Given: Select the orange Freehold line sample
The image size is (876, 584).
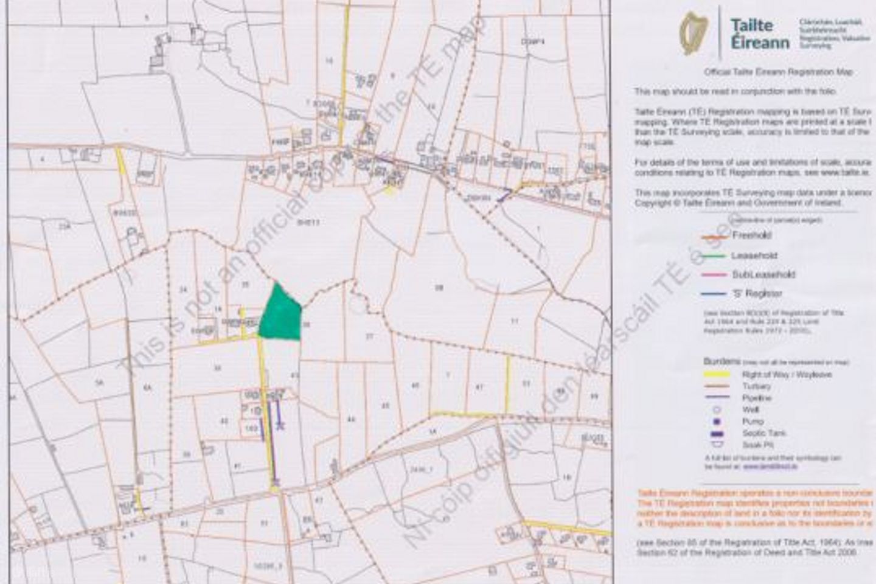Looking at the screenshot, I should pyautogui.click(x=712, y=236).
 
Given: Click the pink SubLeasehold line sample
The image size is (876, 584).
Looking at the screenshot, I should pyautogui.click(x=712, y=275).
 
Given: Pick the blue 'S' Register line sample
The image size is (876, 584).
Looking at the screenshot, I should pyautogui.click(x=712, y=294).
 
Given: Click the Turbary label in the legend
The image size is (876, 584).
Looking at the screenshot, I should pyautogui.click(x=756, y=386).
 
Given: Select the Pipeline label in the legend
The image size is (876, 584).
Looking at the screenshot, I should pyautogui.click(x=756, y=398).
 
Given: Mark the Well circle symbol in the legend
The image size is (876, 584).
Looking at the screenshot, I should pyautogui.click(x=717, y=409).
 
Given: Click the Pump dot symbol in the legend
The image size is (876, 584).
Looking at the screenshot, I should pyautogui.click(x=717, y=421).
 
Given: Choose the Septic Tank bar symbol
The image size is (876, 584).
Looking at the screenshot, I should pyautogui.click(x=717, y=433).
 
